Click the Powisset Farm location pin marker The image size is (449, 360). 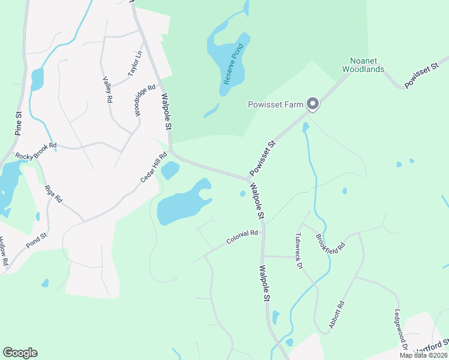point(313,104)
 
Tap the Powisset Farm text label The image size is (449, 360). point(277,104)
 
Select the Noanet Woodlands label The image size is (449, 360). point(363,65)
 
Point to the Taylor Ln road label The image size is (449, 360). point(135,63)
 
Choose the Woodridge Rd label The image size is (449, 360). point(140,100)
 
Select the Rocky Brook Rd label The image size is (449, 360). point(36,151)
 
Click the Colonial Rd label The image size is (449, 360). point(242,236)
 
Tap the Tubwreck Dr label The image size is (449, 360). point(298,251)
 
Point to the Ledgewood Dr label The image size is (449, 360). point(401,330)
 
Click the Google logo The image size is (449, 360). point(20,353)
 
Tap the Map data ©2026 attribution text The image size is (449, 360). point(423,355)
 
